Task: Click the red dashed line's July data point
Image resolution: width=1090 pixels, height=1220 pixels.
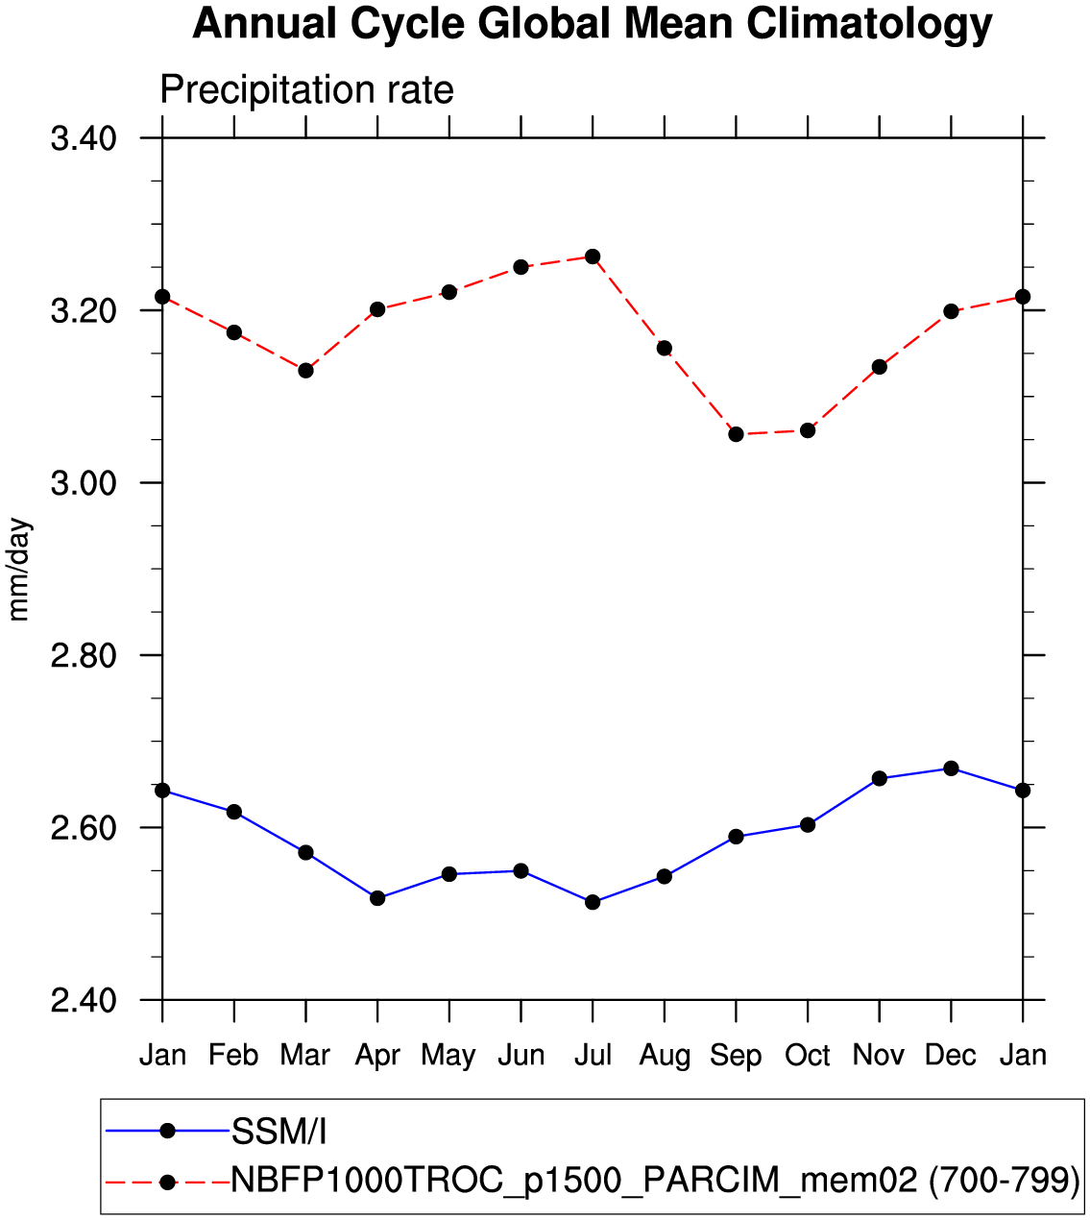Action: click(x=593, y=256)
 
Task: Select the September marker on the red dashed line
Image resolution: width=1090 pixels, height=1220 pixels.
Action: click(x=736, y=434)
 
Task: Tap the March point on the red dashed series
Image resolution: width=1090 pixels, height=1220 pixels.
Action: click(x=305, y=370)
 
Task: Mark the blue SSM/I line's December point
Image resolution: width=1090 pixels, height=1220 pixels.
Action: click(x=951, y=769)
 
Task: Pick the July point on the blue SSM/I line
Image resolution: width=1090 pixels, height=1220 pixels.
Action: click(x=593, y=902)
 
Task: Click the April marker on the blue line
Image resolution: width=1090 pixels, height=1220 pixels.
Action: click(x=377, y=898)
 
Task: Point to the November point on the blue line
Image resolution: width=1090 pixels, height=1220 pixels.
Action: click(x=879, y=778)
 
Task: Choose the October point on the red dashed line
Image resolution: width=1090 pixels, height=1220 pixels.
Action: click(x=808, y=430)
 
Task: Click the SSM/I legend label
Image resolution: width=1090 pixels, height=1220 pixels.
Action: click(x=279, y=1133)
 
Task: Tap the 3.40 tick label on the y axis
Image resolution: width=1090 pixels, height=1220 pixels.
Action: click(x=84, y=139)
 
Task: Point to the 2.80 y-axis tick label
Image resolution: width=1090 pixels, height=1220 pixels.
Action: click(x=84, y=656)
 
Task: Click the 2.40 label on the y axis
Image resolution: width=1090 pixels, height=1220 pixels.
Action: click(x=84, y=1001)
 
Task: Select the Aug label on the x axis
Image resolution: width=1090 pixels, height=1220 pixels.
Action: click(x=665, y=1056)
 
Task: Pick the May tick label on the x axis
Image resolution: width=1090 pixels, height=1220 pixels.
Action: click(x=448, y=1056)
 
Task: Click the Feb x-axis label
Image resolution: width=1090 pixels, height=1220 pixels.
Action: click(x=233, y=1056)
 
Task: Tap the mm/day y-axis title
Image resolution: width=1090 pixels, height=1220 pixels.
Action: click(x=19, y=570)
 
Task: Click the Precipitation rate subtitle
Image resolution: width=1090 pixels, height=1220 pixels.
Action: click(x=306, y=90)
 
